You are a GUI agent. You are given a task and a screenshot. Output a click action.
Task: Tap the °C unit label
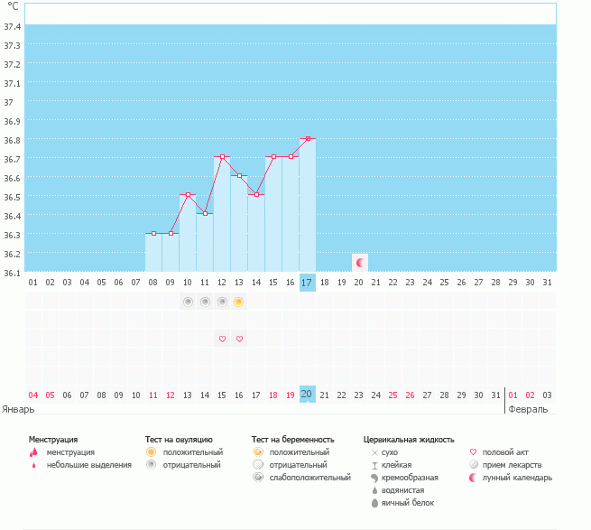[13, 6]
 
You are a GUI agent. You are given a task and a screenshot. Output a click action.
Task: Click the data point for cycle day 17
[308, 138]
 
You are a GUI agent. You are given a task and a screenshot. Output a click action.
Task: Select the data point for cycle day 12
[222, 157]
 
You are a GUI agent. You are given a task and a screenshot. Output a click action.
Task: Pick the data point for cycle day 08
[153, 233]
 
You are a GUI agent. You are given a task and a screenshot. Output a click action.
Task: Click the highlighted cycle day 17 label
[307, 283]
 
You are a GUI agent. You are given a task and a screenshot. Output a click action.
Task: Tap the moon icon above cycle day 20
[360, 262]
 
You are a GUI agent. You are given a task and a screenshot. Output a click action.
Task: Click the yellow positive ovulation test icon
[239, 302]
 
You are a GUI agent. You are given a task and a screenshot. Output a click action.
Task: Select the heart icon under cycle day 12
[222, 339]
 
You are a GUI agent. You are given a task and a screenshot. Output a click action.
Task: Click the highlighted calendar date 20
[307, 395]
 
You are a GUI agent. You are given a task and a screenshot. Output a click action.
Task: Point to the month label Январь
[19, 409]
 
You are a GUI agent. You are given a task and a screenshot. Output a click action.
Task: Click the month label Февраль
[529, 409]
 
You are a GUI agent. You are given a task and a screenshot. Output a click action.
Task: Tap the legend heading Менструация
[53, 439]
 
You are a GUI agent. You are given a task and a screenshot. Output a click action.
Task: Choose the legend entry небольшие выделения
[88, 465]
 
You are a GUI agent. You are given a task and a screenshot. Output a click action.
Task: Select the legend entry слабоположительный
[309, 477]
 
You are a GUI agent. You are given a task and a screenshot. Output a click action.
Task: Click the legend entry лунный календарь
[517, 477]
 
